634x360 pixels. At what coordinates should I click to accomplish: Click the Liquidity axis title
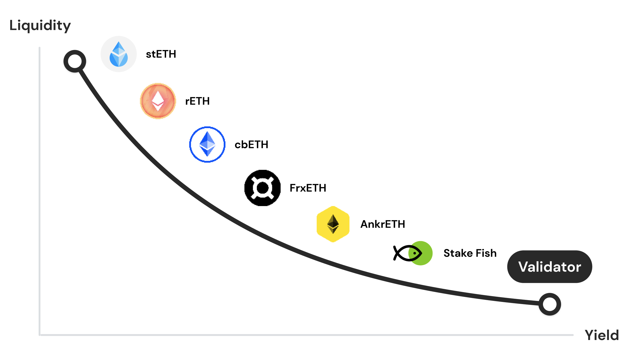click(x=40, y=26)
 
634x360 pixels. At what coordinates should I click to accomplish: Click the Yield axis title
click(x=602, y=335)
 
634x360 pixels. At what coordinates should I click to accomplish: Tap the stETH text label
click(x=161, y=54)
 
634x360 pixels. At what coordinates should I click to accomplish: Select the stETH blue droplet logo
click(x=119, y=54)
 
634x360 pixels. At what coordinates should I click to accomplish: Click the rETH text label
click(x=197, y=101)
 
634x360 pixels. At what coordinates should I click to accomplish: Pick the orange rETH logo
click(x=158, y=101)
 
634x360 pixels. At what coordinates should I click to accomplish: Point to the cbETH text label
click(x=252, y=145)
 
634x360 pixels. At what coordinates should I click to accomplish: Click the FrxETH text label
click(x=308, y=188)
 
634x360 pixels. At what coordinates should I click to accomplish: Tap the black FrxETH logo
click(x=262, y=188)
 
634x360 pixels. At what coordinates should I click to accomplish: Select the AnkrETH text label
click(x=383, y=224)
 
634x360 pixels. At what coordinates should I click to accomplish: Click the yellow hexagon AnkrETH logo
click(x=333, y=224)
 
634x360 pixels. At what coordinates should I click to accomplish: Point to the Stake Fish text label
click(x=470, y=253)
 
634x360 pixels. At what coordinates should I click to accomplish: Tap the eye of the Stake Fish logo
click(x=415, y=253)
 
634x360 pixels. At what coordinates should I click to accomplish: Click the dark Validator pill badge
click(x=550, y=267)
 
